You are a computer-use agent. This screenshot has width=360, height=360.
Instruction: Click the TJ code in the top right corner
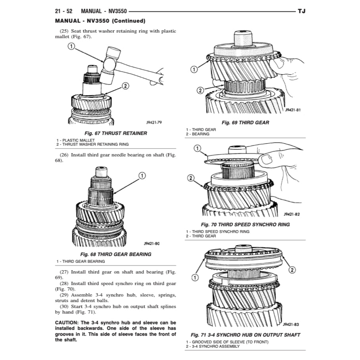301,12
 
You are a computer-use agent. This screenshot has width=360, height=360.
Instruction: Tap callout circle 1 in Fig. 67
71,46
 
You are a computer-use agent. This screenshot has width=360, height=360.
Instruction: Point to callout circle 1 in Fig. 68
142,175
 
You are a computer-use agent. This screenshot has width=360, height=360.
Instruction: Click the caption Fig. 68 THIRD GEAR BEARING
116,254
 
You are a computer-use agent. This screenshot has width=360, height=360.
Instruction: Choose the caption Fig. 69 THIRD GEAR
245,123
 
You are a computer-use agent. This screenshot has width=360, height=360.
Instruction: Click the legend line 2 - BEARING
197,134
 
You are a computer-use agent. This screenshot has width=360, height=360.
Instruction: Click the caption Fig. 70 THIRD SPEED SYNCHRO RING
245,224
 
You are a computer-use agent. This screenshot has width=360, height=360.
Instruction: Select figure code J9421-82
292,215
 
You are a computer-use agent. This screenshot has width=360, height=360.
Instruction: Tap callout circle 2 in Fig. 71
292,270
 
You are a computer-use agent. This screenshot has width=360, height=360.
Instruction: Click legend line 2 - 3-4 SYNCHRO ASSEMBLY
212,347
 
